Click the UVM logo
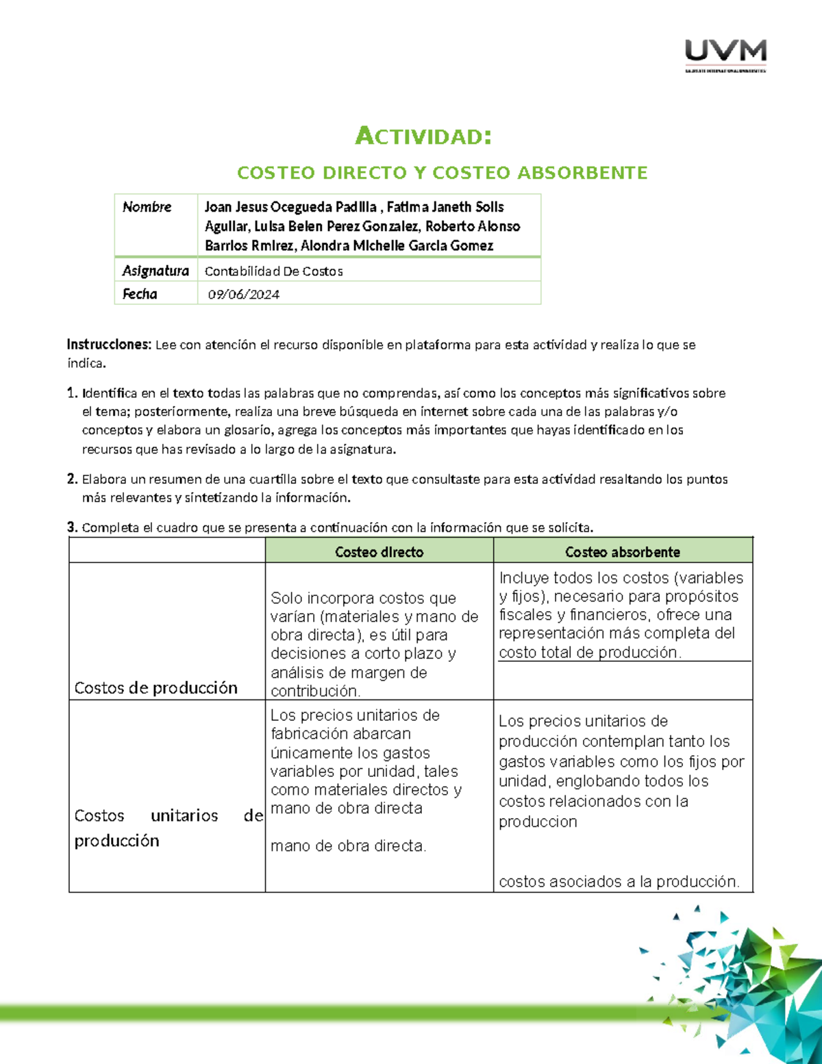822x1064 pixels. click(725, 55)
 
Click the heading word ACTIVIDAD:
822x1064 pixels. click(423, 136)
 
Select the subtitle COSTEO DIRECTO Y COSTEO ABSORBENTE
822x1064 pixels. click(442, 173)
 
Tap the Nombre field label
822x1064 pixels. click(147, 207)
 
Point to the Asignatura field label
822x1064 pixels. click(155, 271)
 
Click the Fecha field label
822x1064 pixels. click(140, 294)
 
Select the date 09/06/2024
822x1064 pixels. click(244, 295)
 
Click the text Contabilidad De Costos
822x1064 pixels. click(273, 271)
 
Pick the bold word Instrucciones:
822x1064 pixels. click(108, 345)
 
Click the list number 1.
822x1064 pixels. click(72, 393)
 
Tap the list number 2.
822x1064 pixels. click(72, 480)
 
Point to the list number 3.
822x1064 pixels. click(72, 528)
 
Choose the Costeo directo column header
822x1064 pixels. click(379, 552)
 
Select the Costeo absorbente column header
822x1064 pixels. click(622, 552)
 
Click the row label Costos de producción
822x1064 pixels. click(155, 688)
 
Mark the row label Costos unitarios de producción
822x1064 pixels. click(168, 828)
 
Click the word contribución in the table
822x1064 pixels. click(315, 691)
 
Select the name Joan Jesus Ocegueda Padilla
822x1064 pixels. click(290, 207)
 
